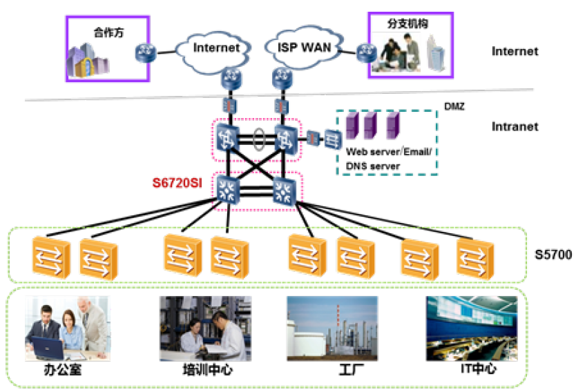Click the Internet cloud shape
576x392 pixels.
point(215,47)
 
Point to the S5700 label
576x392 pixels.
point(553,255)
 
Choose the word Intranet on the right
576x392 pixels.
point(515,127)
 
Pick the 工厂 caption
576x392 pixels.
point(333,371)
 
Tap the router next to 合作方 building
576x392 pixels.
point(146,50)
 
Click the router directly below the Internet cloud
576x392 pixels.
point(229,79)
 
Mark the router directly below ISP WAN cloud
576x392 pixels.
point(280,79)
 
